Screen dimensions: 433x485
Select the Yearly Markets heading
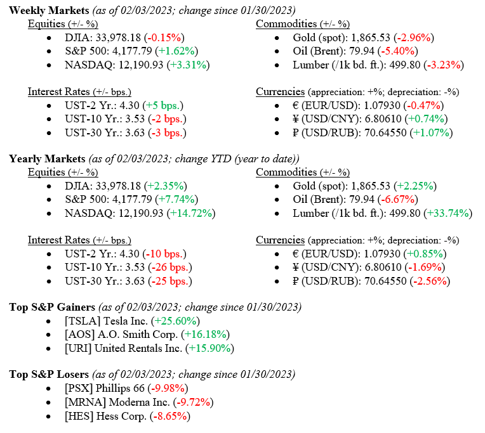point(48,158)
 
